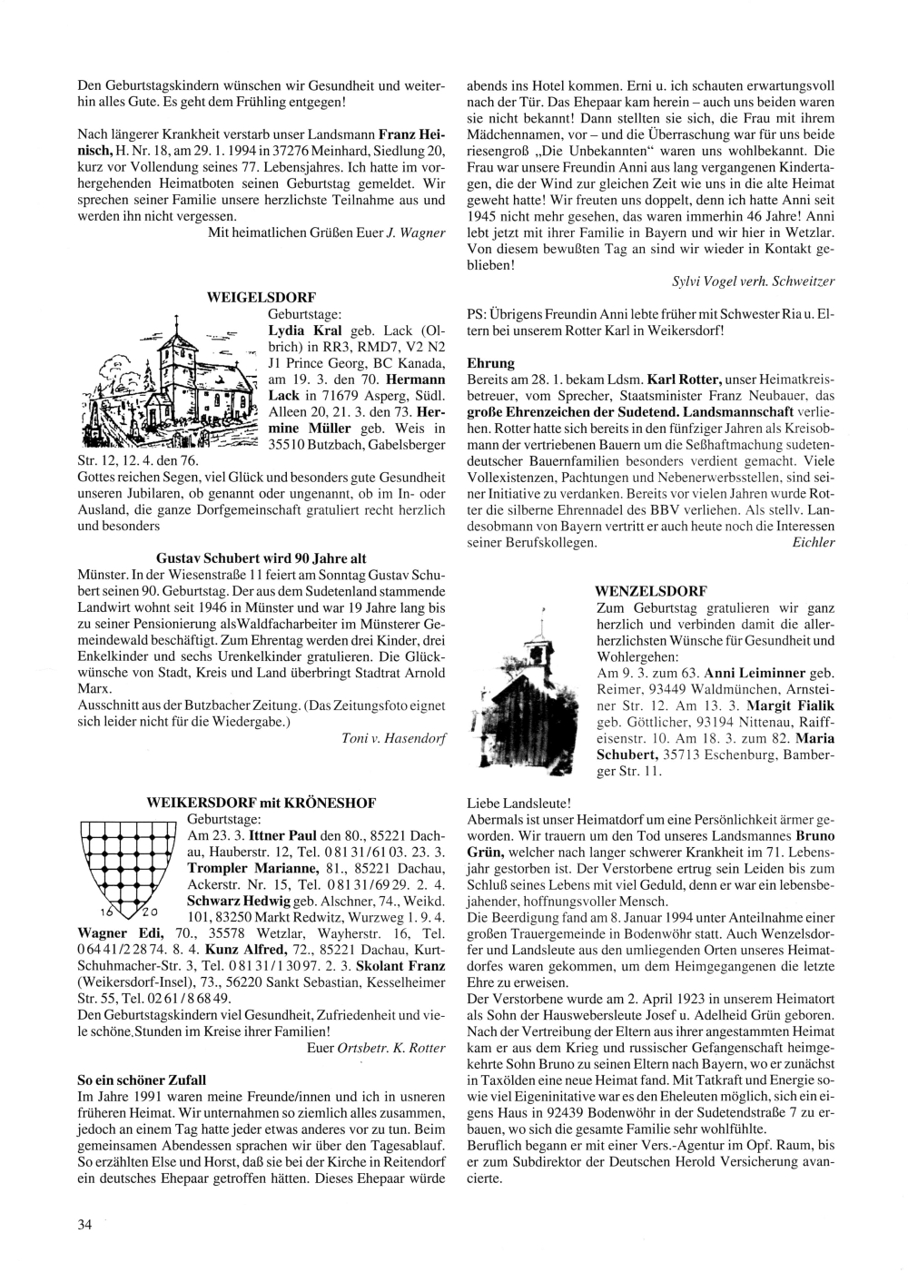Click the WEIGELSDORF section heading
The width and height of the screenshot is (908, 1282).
(x=262, y=297)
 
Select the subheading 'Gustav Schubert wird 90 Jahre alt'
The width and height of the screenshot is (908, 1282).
(x=262, y=558)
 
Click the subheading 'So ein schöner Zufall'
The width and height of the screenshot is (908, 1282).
(x=142, y=1080)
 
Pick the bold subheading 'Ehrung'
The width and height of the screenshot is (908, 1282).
(x=490, y=362)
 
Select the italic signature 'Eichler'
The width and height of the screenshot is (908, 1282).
(x=814, y=542)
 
